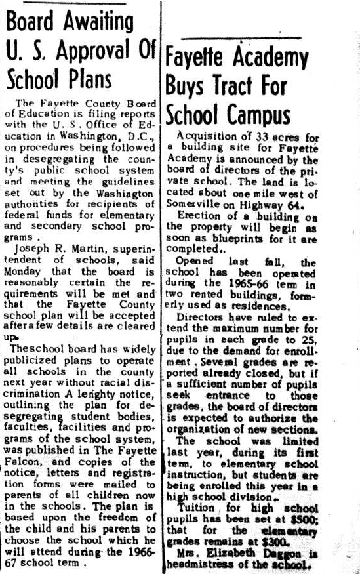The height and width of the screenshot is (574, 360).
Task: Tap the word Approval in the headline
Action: [x=98, y=51]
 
